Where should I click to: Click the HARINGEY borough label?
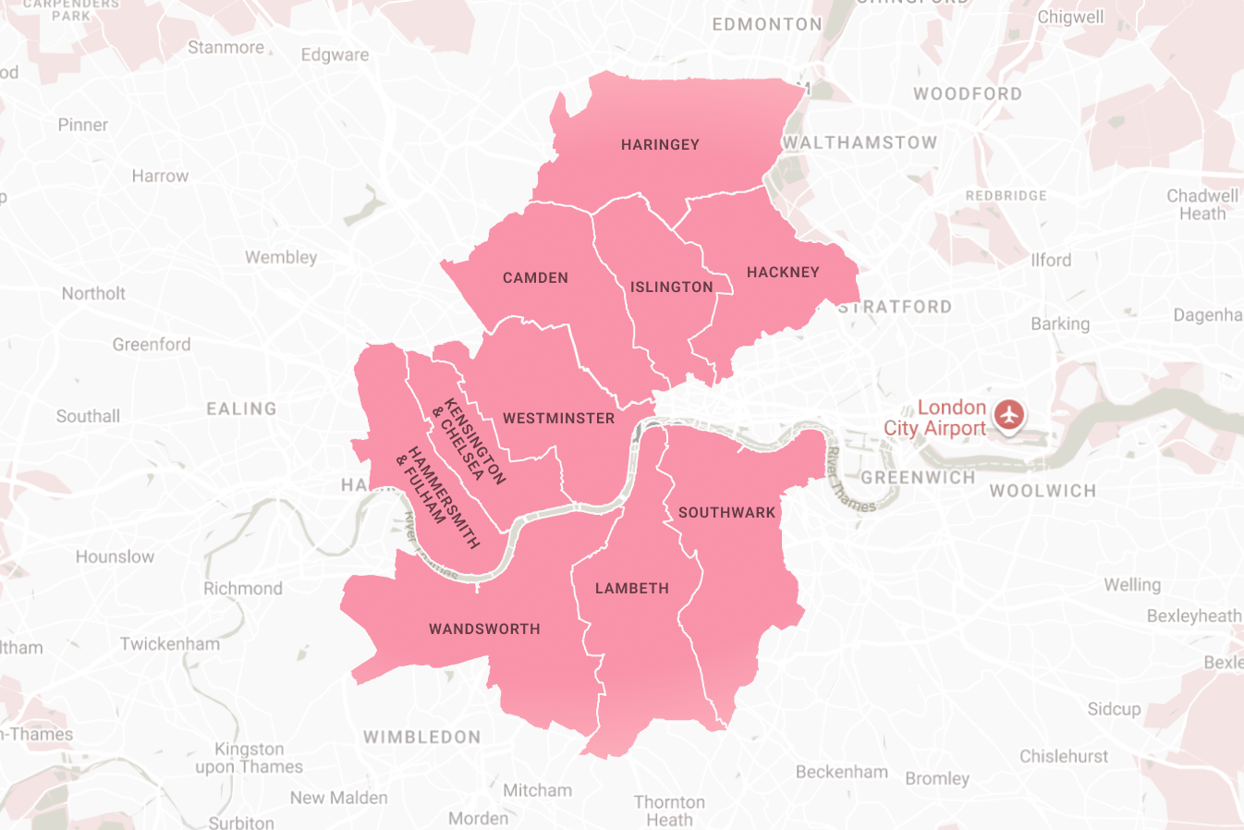[x=660, y=145]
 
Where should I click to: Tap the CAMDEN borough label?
[x=535, y=278]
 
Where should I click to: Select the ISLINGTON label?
[x=672, y=287]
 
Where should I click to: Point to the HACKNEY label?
[x=783, y=273]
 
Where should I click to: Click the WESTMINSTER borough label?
[x=558, y=419]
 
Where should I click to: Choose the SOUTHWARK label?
[x=727, y=513]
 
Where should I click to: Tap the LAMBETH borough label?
[x=632, y=589]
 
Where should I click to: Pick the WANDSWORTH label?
[x=484, y=629]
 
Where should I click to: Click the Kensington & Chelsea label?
[x=470, y=440]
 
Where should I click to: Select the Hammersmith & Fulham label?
[x=438, y=498]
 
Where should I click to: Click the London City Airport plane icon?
[x=1009, y=414]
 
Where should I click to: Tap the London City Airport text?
[x=935, y=418]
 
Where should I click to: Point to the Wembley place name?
[x=281, y=258]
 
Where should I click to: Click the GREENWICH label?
[x=918, y=478]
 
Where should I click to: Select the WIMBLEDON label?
[x=421, y=738]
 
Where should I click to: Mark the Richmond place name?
[x=243, y=589]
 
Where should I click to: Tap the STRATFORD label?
[x=895, y=307]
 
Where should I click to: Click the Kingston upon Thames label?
[x=250, y=758]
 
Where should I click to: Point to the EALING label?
[x=241, y=409]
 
